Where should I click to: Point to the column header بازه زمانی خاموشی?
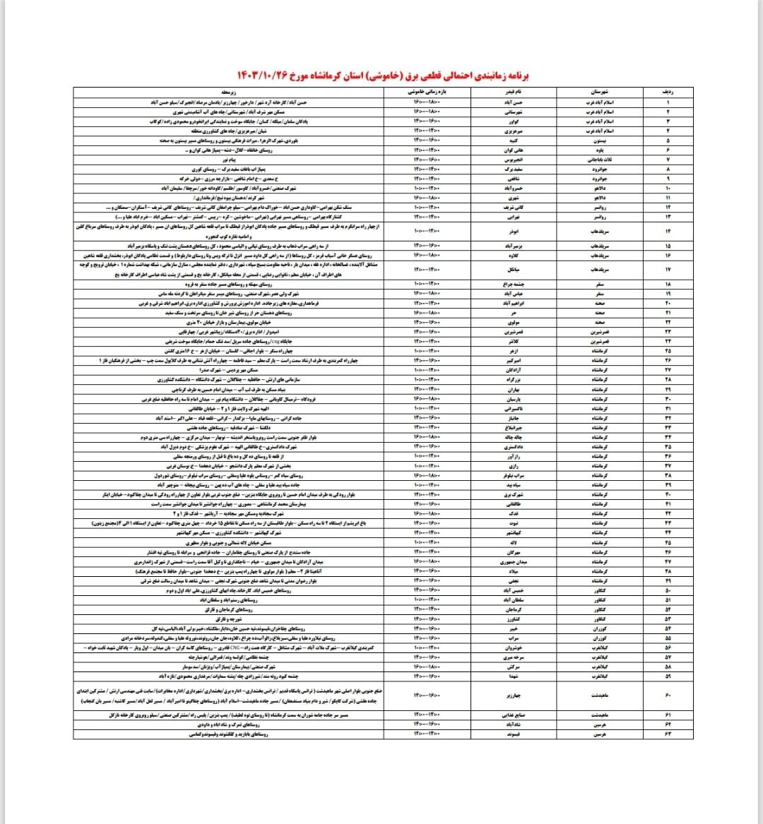pos(426,92)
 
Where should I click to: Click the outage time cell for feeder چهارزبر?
pos(426,695)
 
